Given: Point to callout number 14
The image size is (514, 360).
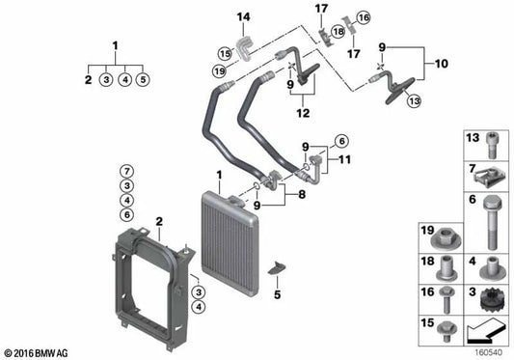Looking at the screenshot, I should point(243,17).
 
